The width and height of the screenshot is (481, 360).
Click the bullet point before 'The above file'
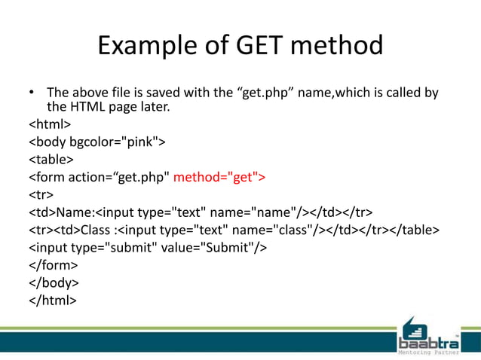[32, 93]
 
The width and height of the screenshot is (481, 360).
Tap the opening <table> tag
[51, 159]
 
